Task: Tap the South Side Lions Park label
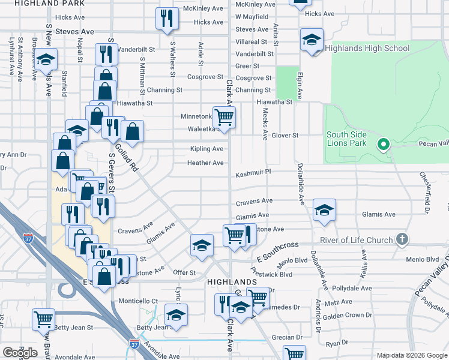point(346,139)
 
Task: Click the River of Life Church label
point(356,241)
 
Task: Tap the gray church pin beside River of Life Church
point(402,240)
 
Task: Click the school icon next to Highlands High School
point(312,40)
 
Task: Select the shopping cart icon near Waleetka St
point(224,117)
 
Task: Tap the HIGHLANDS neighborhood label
point(232,281)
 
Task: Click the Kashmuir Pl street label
point(254,173)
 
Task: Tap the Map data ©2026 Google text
point(411,355)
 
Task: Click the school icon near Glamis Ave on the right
point(324,210)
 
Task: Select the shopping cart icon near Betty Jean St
point(43,319)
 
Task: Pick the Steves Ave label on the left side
point(75,31)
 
